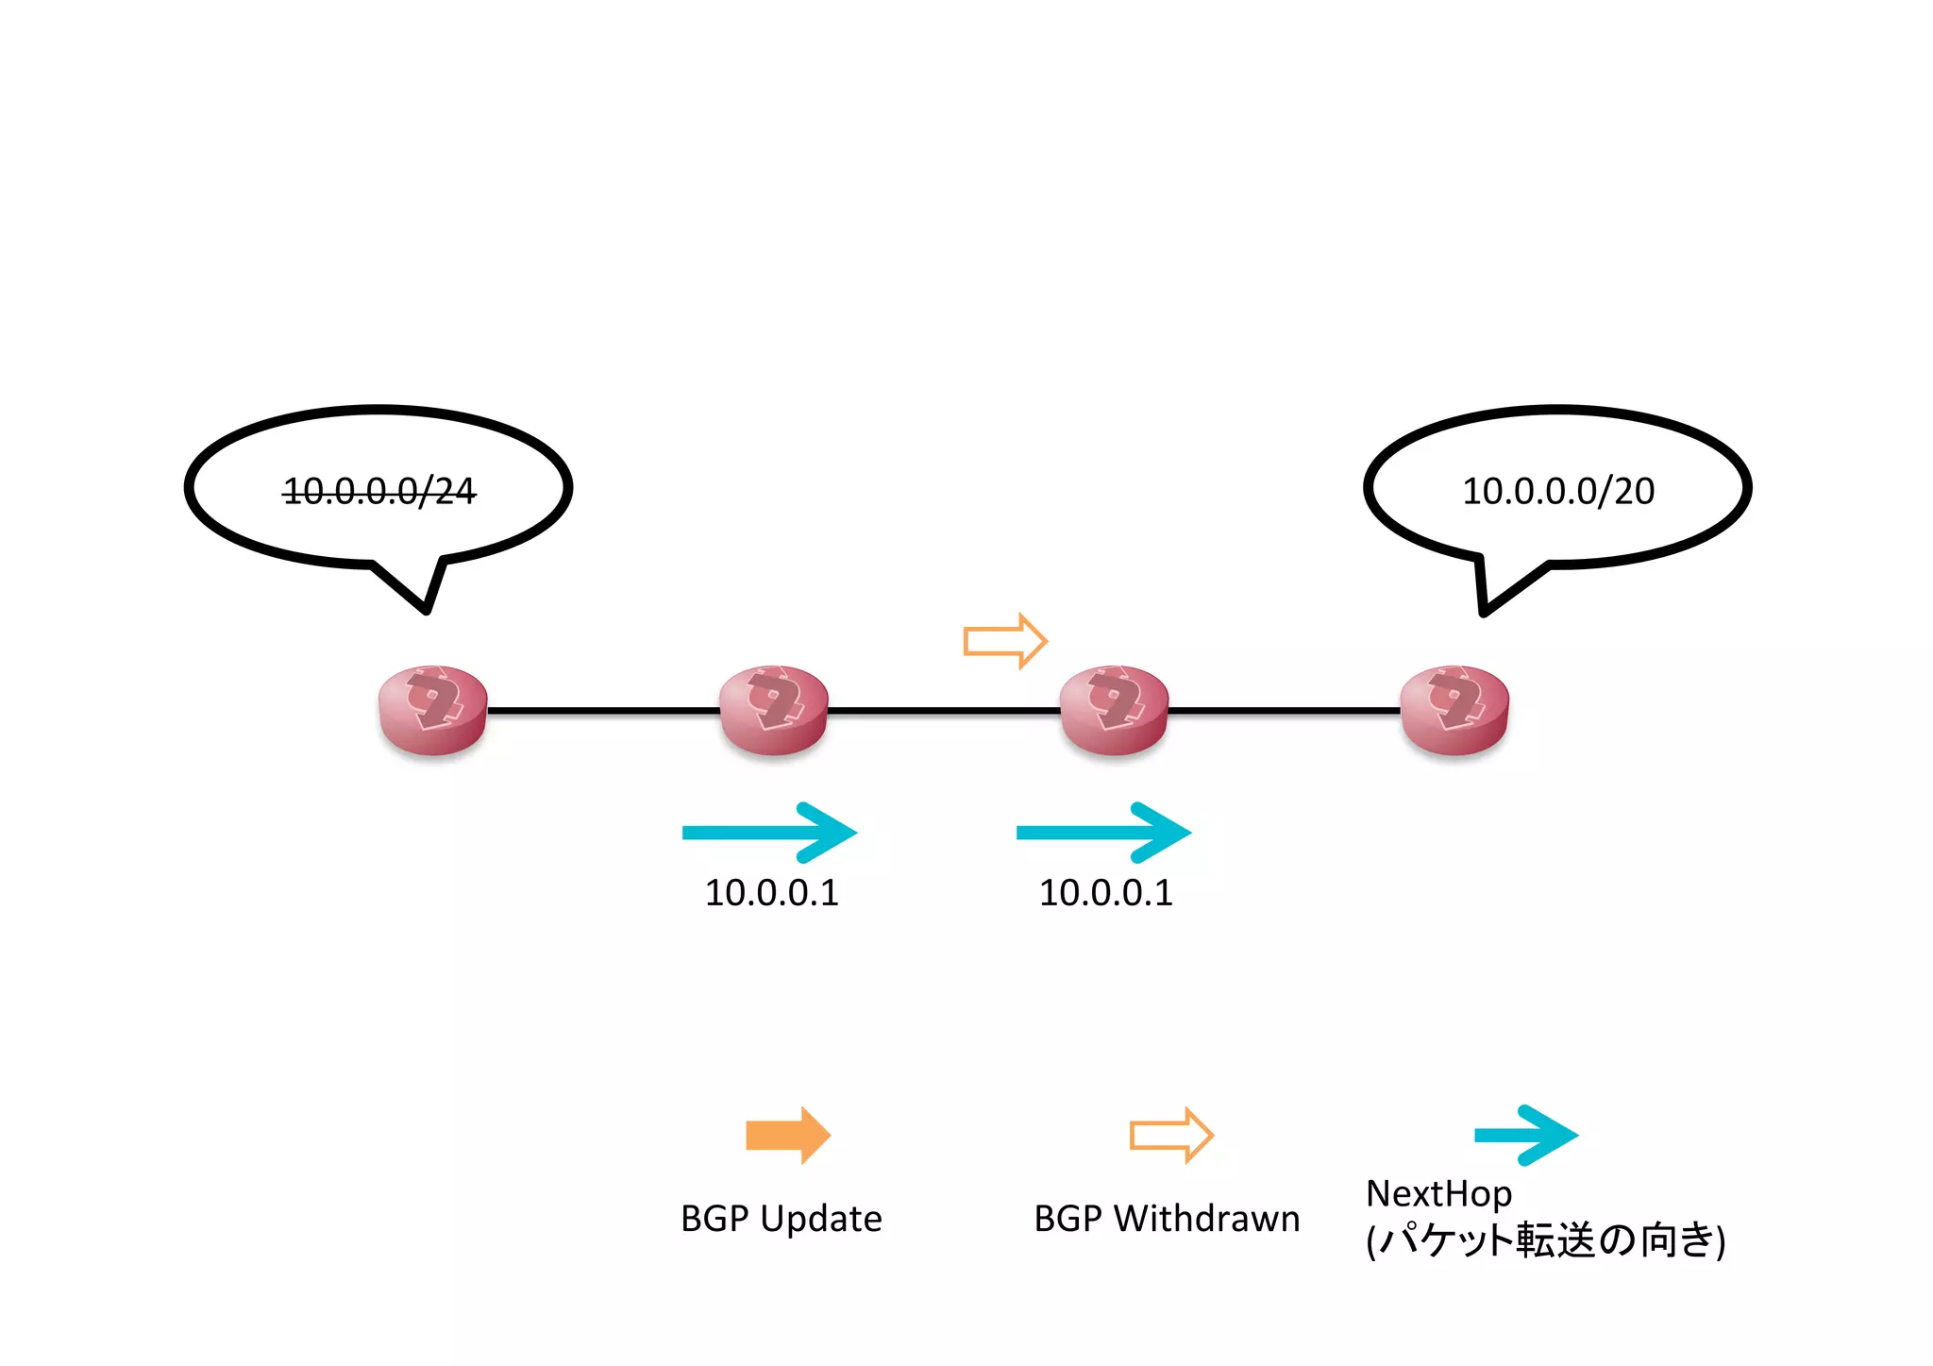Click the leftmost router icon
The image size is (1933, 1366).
432,710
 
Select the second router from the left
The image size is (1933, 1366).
773,710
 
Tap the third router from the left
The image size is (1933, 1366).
1114,710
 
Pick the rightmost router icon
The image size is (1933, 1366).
1454,710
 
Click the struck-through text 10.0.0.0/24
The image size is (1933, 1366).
379,491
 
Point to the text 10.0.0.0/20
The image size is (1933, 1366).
1557,491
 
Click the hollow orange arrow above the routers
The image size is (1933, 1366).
1004,641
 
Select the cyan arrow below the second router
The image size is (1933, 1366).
769,833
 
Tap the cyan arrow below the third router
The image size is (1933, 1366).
1103,833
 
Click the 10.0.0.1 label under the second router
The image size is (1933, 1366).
771,893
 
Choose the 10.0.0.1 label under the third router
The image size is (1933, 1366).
1105,893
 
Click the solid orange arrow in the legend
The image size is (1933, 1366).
787,1135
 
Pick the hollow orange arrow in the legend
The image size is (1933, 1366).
1170,1135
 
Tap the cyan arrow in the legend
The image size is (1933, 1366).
1525,1135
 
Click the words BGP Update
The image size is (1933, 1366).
781,1219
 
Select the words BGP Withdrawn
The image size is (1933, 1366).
1167,1219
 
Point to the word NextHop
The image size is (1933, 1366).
1438,1194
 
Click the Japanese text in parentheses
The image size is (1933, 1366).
1545,1240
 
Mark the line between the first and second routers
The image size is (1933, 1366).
604,710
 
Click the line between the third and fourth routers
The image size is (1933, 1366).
1284,710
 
